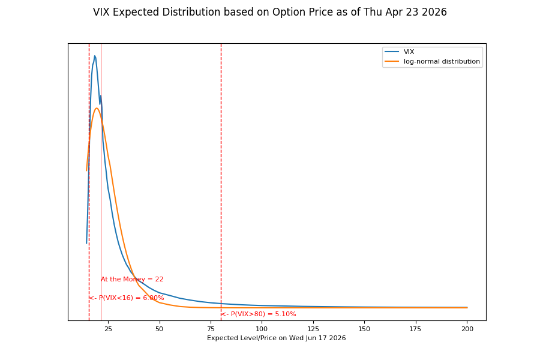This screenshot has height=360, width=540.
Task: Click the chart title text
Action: click(x=270, y=13)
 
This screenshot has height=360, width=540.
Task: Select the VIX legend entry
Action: click(x=409, y=52)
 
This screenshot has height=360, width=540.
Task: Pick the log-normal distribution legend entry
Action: click(x=442, y=61)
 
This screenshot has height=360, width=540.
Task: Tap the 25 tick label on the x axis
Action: click(x=108, y=329)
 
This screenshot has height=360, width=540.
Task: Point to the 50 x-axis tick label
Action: click(x=160, y=329)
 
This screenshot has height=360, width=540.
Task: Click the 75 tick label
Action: click(x=211, y=329)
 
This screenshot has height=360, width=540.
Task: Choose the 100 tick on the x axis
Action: click(x=262, y=329)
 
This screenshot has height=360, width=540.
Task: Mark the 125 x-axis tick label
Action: click(x=313, y=329)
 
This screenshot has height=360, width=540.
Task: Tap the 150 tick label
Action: click(x=365, y=329)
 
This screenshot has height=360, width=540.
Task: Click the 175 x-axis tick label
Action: click(x=416, y=329)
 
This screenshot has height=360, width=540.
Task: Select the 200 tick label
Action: click(x=467, y=329)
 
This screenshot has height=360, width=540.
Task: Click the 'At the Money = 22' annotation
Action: click(x=132, y=280)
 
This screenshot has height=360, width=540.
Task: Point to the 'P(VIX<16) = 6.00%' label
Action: click(x=127, y=298)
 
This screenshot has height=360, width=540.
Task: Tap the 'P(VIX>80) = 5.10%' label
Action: click(x=259, y=314)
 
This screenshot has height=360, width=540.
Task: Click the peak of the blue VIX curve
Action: click(x=94, y=56)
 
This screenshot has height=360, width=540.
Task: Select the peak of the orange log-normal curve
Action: click(x=97, y=108)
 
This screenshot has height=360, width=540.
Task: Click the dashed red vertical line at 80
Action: click(x=221, y=180)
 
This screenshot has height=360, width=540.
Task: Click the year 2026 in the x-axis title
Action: click(x=336, y=338)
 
